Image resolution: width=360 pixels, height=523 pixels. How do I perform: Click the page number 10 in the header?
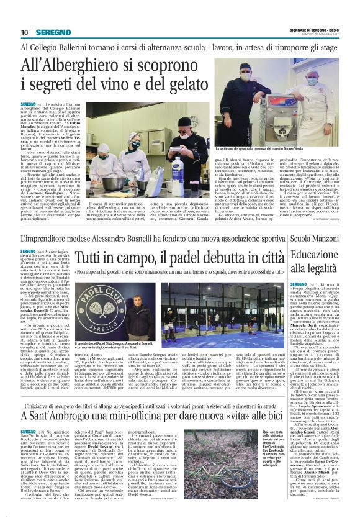[25, 33]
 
